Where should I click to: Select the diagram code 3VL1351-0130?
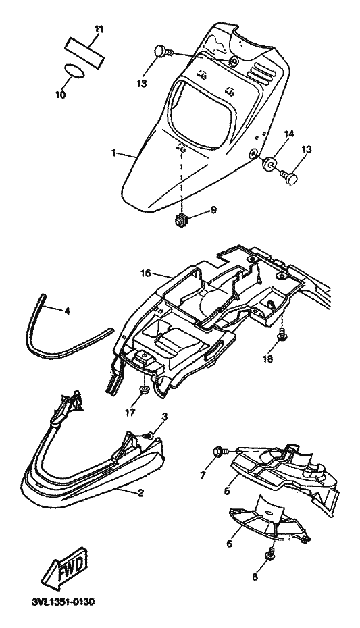[63, 602]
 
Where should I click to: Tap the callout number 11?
[99, 29]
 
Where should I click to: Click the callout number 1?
[113, 153]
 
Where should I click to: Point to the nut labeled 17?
[143, 389]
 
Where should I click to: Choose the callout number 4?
[67, 311]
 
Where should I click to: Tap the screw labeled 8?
[268, 556]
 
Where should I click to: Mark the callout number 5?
[227, 491]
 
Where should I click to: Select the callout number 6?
[229, 544]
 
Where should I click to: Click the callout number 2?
[140, 493]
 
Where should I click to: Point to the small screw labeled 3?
[149, 435]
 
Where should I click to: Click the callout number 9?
[213, 209]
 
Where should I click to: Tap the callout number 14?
[289, 134]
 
